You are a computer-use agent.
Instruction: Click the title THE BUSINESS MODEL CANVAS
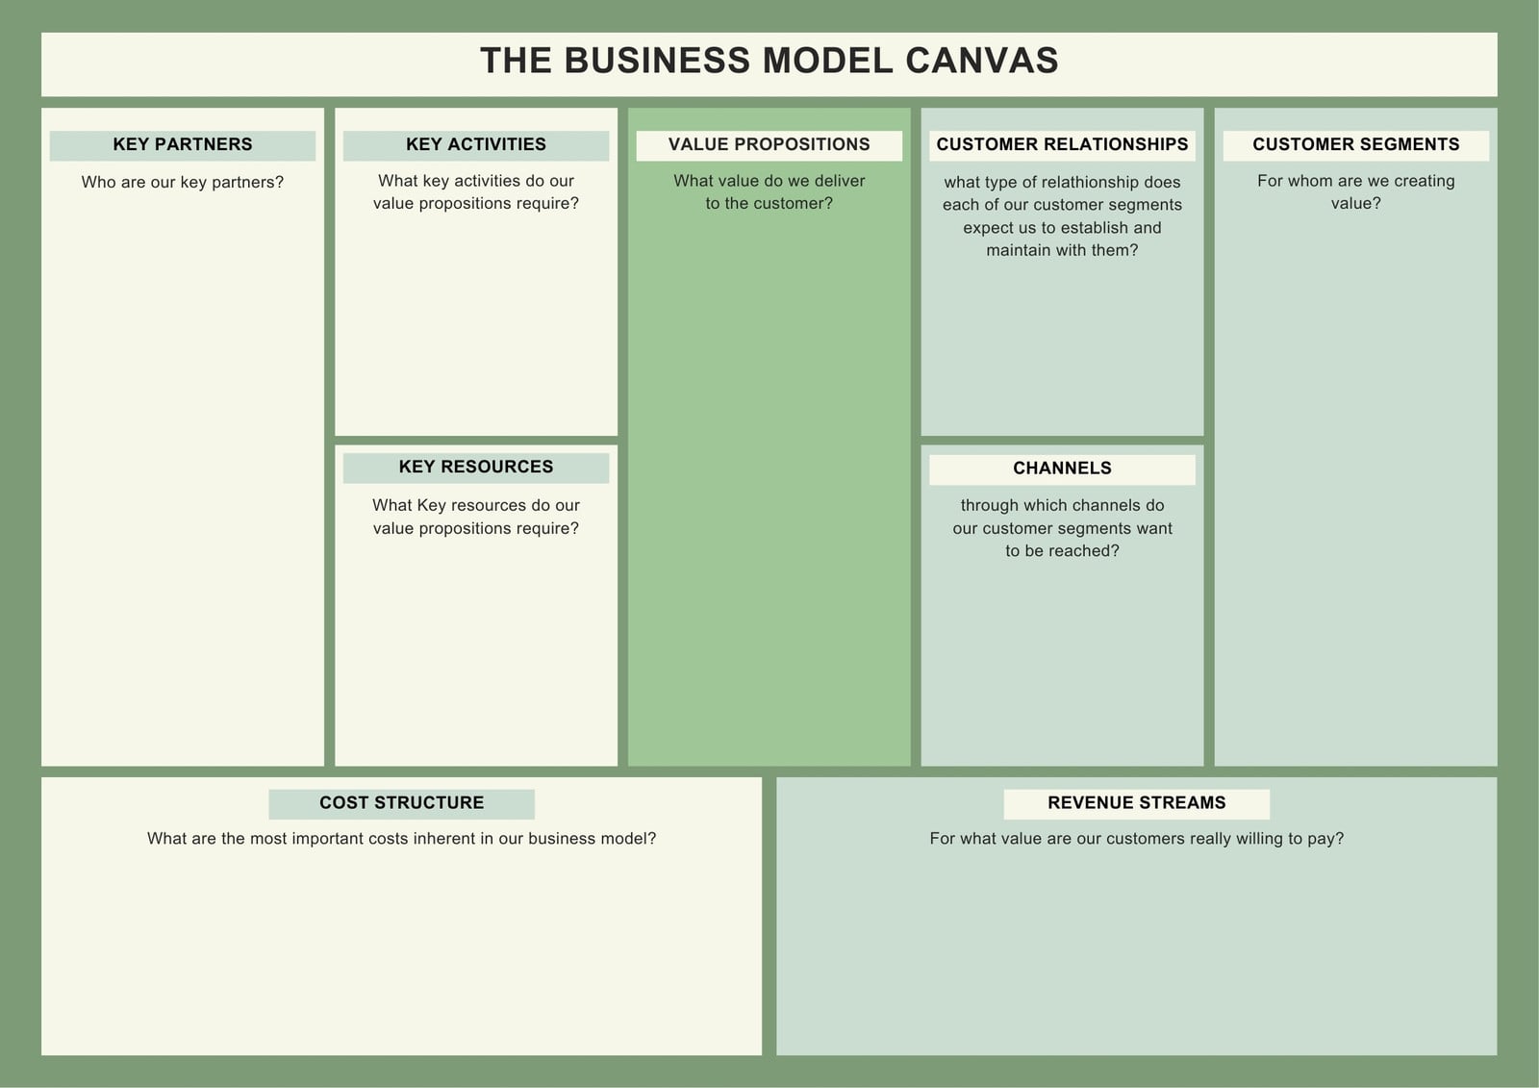click(x=769, y=61)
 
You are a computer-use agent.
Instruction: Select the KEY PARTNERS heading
click(x=183, y=144)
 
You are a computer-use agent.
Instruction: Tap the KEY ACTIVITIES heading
click(x=476, y=144)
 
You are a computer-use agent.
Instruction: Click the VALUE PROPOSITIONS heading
click(x=769, y=144)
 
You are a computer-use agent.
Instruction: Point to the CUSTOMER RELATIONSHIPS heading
click(x=1062, y=144)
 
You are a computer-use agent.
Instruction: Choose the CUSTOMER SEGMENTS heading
click(x=1355, y=144)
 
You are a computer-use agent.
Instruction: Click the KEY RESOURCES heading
click(x=476, y=467)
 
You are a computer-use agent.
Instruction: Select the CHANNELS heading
click(x=1062, y=468)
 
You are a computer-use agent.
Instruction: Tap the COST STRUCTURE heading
click(x=402, y=802)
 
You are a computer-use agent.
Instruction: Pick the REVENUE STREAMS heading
click(x=1136, y=802)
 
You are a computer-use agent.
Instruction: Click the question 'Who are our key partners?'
click(x=183, y=182)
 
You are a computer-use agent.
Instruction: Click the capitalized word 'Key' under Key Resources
click(x=432, y=506)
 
